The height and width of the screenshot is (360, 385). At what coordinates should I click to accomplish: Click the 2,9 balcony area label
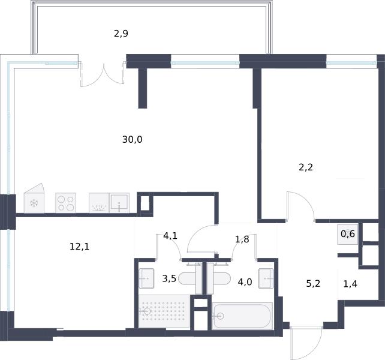(x=121, y=34)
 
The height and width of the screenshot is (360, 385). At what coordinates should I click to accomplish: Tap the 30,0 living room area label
(x=132, y=140)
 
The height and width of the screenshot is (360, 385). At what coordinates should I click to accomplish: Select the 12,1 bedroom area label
(x=80, y=246)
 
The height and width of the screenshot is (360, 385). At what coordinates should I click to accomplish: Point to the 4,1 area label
(x=170, y=236)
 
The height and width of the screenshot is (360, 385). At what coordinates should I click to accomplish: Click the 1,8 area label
(x=242, y=239)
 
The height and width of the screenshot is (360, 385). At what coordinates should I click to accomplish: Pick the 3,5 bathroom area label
(x=169, y=278)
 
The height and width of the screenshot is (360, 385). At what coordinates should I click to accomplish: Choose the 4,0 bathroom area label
(x=245, y=281)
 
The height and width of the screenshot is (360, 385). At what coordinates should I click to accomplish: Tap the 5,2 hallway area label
(x=313, y=284)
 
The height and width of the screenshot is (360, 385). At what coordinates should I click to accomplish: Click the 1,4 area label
(x=350, y=284)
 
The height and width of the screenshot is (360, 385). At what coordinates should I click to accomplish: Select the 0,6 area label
(x=348, y=234)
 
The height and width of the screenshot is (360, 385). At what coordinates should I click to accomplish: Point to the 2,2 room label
(x=306, y=167)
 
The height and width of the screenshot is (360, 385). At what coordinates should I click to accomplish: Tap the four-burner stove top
(x=65, y=203)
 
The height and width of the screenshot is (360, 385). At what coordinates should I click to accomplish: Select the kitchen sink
(x=119, y=203)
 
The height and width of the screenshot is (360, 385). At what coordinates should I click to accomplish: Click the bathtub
(x=242, y=316)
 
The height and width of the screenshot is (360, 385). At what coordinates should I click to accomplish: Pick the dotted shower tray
(x=164, y=311)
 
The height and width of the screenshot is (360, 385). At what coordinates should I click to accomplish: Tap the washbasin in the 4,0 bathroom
(x=266, y=278)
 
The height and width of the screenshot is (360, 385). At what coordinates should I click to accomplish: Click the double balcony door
(x=103, y=74)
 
